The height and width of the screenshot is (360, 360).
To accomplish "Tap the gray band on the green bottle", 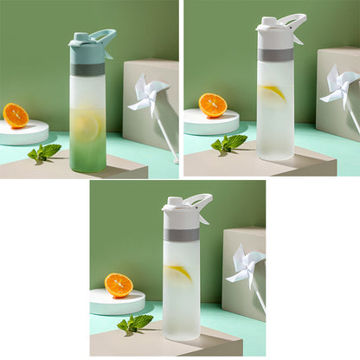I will pyautogui.click(x=87, y=69).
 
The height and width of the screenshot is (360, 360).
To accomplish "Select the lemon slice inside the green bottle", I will pyautogui.click(x=87, y=127).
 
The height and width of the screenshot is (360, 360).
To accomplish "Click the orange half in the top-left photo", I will pyautogui.click(x=15, y=115).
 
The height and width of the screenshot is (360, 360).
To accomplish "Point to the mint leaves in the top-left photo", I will pyautogui.click(x=44, y=152).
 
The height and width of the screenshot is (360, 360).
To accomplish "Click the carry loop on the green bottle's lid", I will pyautogui.click(x=104, y=36).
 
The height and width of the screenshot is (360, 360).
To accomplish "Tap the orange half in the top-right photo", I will pyautogui.click(x=212, y=106).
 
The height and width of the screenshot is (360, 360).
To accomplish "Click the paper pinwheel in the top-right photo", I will pyautogui.click(x=339, y=84).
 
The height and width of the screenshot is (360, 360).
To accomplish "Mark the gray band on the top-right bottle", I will pyautogui.click(x=275, y=54).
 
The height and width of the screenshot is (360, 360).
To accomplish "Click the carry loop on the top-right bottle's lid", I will pyautogui.click(x=293, y=21).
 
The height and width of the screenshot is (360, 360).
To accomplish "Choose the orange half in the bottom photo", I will pyautogui.click(x=119, y=285).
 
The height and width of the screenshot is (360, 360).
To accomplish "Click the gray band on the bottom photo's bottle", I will pyautogui.click(x=181, y=234).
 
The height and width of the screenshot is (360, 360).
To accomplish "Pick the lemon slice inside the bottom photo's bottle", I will pyautogui.click(x=179, y=273).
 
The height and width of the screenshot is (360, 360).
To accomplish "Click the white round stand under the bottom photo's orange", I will pyautogui.click(x=117, y=302).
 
